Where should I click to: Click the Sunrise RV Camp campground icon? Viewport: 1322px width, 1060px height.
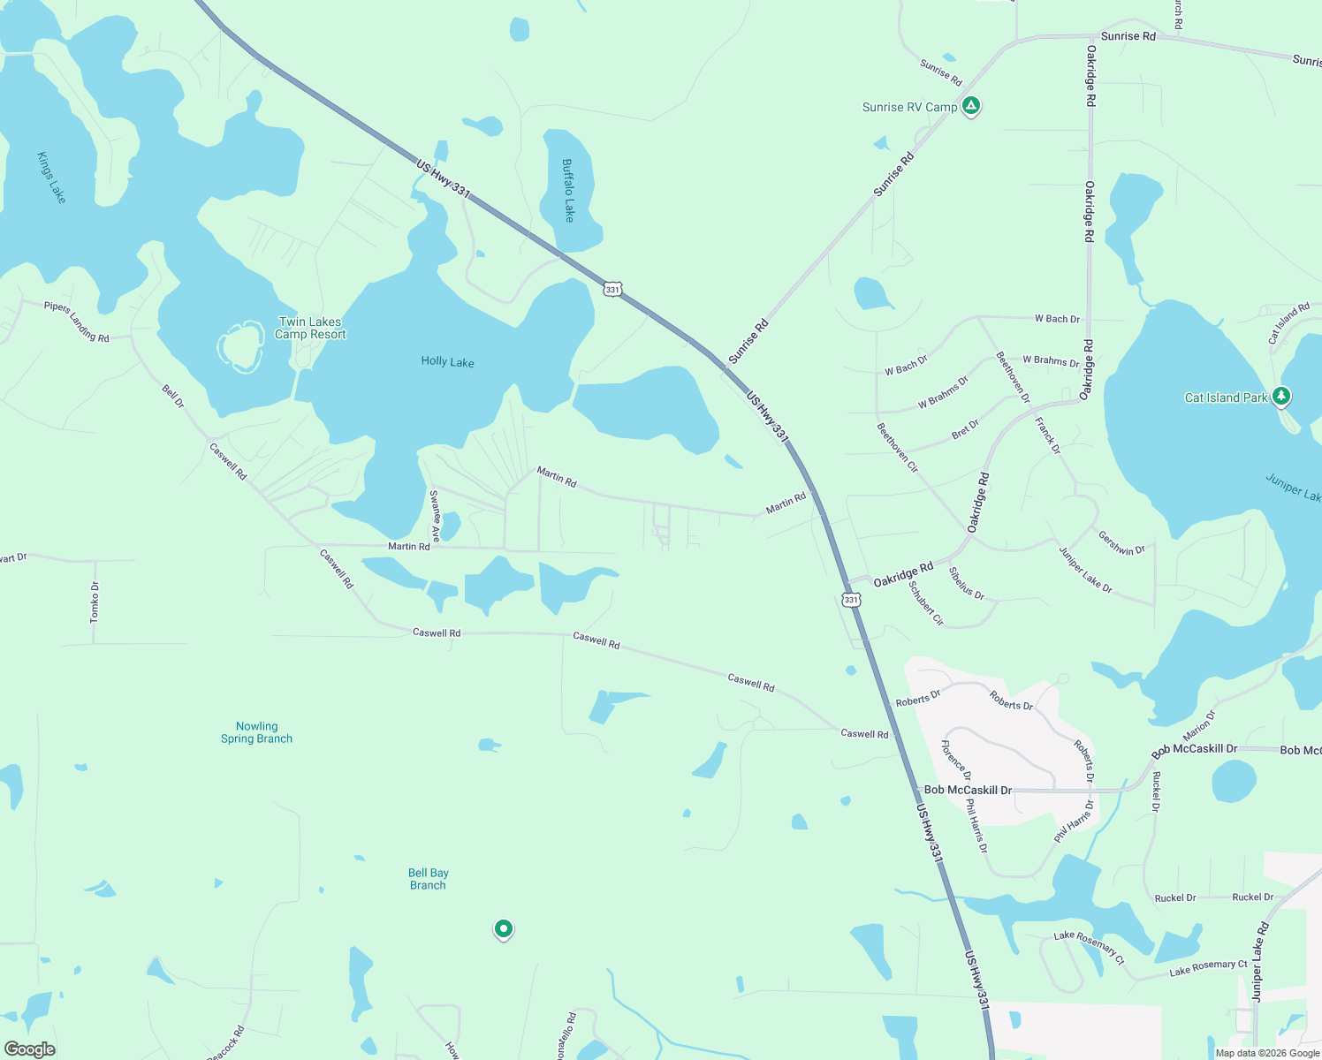971,106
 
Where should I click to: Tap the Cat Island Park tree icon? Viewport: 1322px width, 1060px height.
1280,397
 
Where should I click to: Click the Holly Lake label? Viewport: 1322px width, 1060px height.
447,361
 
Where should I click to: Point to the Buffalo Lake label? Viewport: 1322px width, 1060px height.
568,190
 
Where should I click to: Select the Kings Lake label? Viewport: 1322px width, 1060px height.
51,178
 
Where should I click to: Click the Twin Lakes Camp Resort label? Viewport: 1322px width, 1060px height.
310,328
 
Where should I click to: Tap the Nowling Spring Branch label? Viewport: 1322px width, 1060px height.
256,732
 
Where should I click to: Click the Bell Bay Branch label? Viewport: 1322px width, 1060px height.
428,879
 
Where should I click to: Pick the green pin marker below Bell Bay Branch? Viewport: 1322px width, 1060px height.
503,928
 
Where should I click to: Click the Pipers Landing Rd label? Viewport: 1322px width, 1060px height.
77,322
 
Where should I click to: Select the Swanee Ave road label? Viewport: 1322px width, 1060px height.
435,516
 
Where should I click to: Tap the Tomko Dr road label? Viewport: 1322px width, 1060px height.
95,602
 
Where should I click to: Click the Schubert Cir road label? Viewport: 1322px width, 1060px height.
926,603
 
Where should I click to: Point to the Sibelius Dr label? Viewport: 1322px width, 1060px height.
966,583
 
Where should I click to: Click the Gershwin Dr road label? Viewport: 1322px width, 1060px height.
1121,542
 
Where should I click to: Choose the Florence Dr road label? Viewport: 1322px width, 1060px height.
956,761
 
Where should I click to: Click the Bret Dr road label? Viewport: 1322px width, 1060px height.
965,430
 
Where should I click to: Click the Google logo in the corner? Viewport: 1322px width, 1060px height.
29,1049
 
